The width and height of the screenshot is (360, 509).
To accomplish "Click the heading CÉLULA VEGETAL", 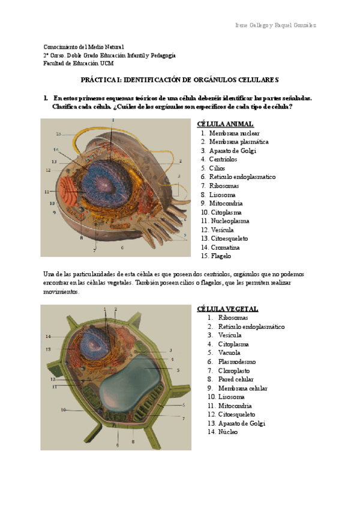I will (x=227, y=309).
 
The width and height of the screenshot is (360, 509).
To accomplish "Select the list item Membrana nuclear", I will (x=230, y=133).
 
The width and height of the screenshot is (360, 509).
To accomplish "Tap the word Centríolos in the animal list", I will (x=223, y=160).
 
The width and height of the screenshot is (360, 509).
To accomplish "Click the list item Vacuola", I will (x=229, y=353).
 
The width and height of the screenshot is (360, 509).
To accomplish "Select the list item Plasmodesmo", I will (x=236, y=362).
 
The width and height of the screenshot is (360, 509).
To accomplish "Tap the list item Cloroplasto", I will (x=235, y=371).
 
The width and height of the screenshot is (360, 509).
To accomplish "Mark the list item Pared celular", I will (x=236, y=379).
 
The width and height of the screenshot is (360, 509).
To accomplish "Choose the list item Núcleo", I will (x=228, y=432).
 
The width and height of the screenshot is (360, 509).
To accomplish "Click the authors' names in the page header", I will (x=275, y=25).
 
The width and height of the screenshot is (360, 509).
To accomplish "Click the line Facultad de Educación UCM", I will (x=78, y=63).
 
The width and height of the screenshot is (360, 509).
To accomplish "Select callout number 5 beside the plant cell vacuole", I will (x=178, y=370).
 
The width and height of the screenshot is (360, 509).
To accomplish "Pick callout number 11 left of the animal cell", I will (x=46, y=191).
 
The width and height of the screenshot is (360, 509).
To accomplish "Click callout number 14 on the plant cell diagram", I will (x=48, y=336).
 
